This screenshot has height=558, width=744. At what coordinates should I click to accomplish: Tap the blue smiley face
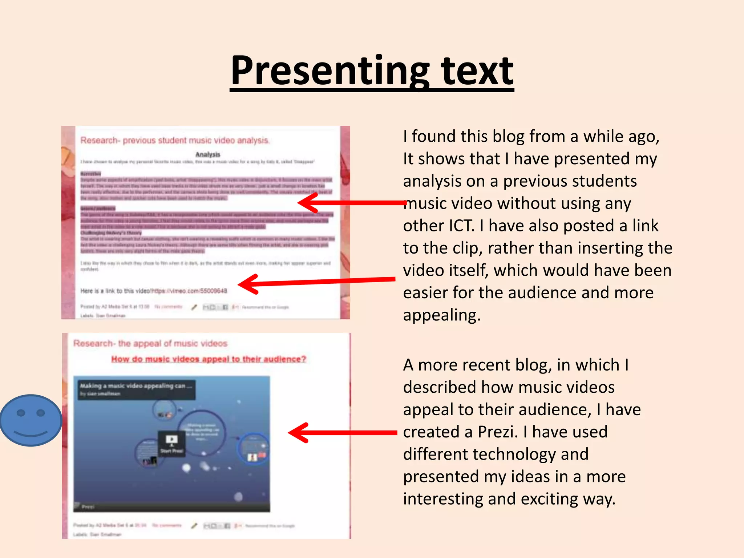31,420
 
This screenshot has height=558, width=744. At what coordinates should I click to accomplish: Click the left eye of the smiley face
21,413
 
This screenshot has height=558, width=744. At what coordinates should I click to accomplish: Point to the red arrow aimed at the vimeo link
316,282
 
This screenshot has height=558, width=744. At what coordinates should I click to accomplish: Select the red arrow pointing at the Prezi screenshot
341,433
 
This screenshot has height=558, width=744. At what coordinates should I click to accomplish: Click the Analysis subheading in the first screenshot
207,154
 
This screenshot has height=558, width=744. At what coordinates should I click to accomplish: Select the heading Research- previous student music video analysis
174,140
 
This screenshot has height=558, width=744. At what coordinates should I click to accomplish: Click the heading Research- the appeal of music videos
150,343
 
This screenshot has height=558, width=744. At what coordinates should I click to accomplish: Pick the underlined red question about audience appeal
209,359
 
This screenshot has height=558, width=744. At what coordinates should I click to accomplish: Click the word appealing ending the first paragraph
441,315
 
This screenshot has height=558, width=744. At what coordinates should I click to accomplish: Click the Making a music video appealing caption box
136,389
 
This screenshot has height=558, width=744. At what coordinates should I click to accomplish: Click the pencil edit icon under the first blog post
194,307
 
